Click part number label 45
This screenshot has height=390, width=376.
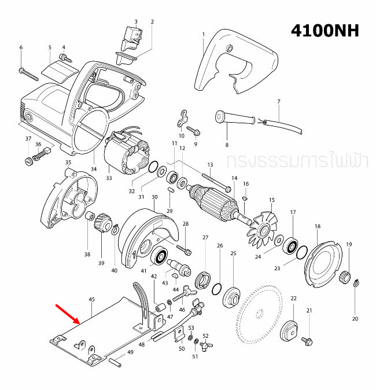point(91,299)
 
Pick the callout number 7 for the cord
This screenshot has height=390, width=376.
point(278,102)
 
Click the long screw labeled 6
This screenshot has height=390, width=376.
point(28,74)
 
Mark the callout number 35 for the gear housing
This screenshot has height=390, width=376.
point(68,163)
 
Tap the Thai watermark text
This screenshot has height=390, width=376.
point(297,160)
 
